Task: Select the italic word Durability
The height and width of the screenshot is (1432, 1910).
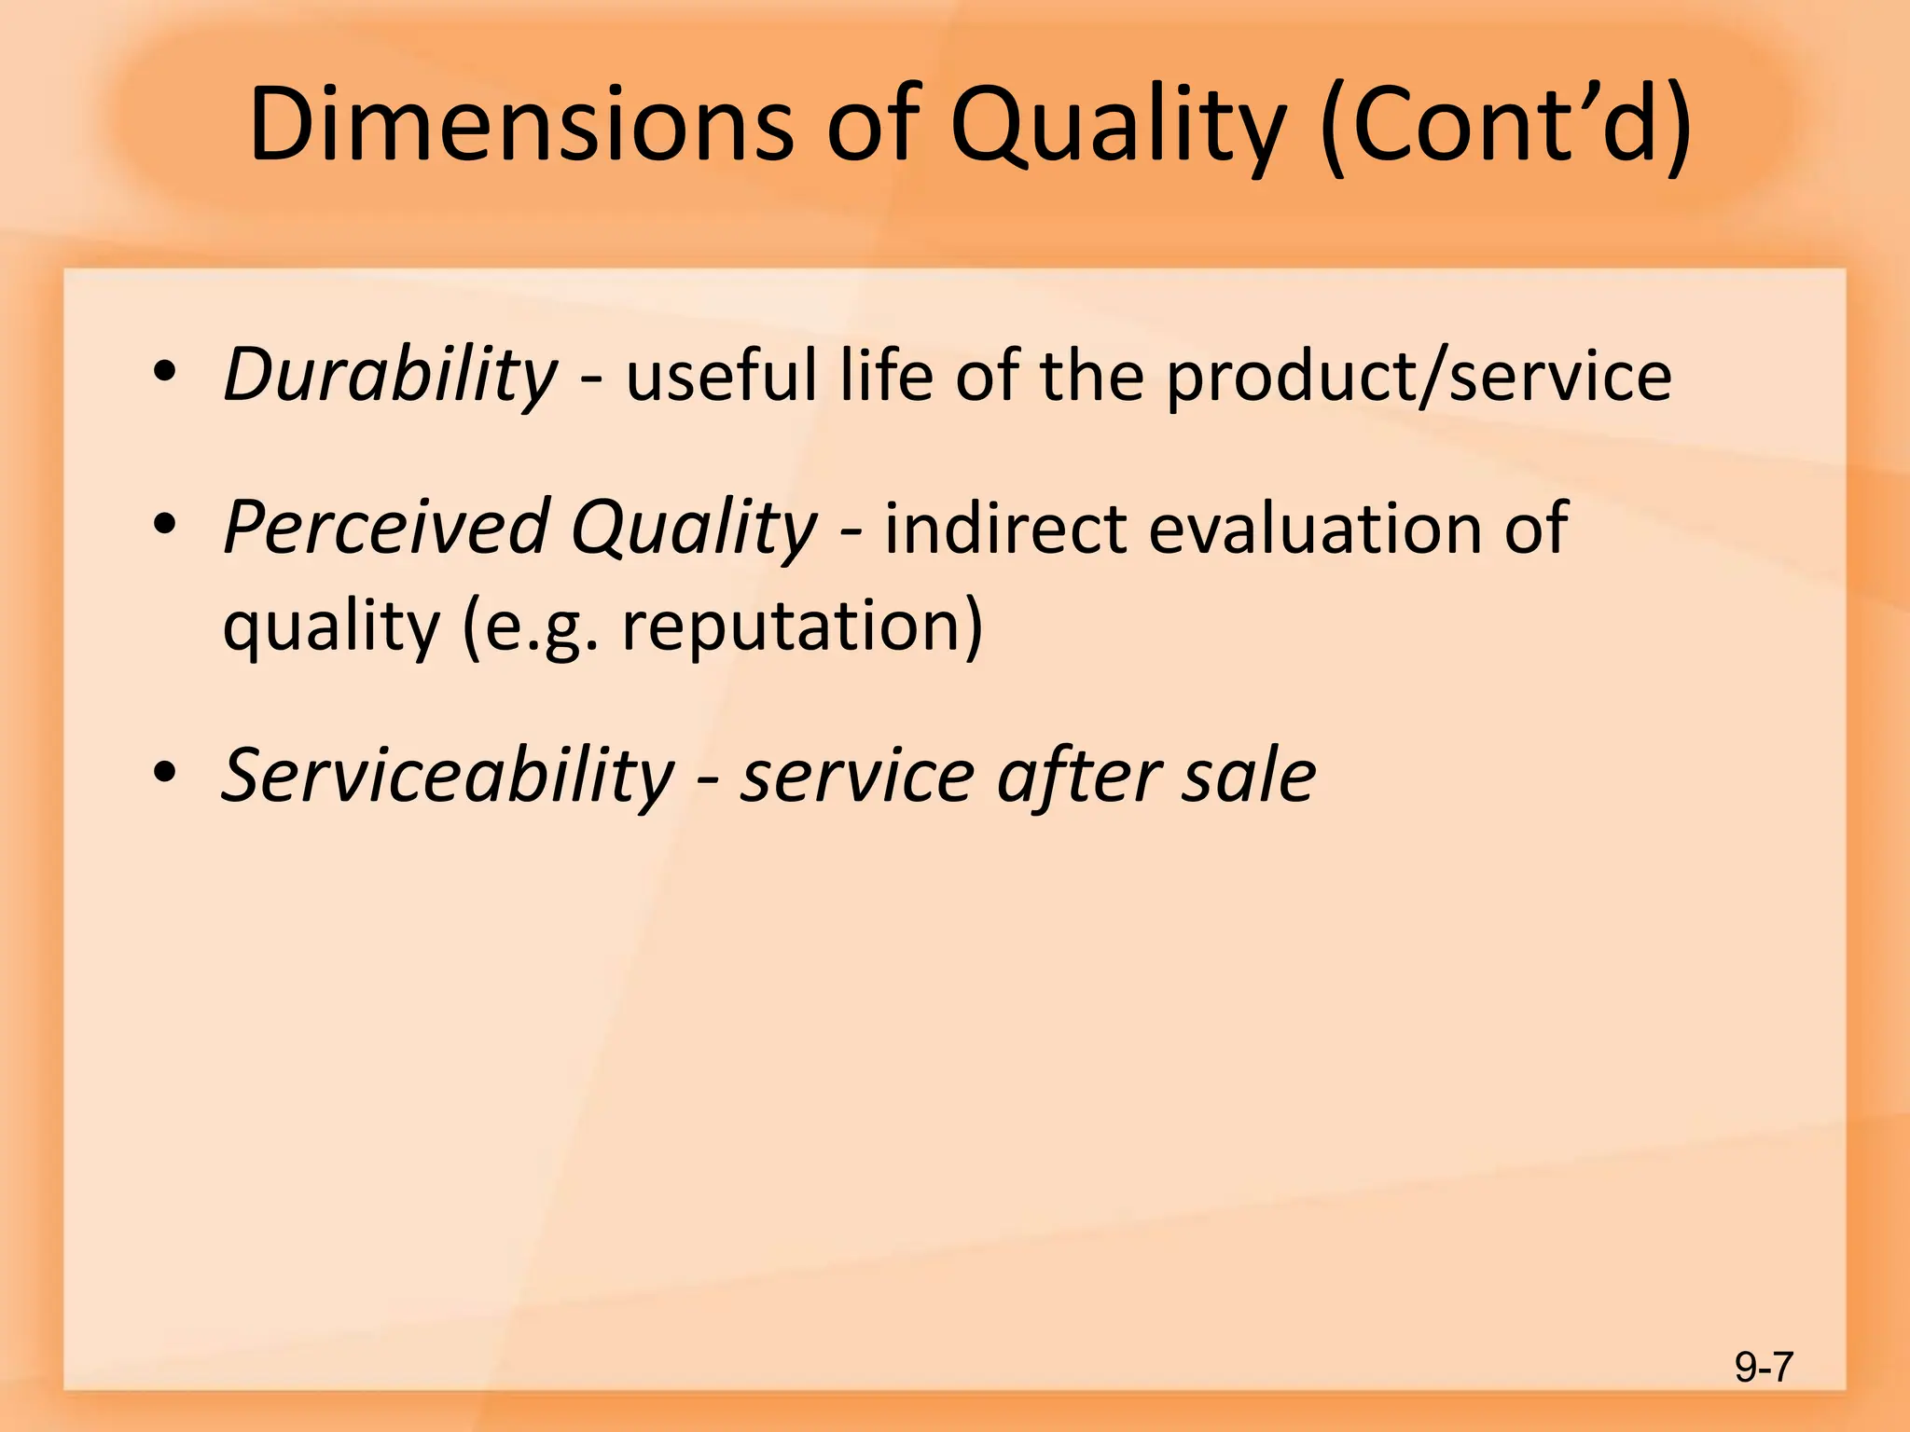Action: click(390, 375)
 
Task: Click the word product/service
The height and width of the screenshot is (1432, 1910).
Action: click(1419, 375)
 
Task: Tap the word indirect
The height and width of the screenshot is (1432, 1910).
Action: click(1004, 528)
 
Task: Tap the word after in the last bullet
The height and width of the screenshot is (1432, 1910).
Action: click(1078, 776)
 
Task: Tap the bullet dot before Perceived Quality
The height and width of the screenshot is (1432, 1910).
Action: click(165, 525)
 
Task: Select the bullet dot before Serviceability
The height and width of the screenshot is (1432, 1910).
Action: click(165, 773)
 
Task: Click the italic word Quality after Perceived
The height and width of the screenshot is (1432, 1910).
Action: click(694, 528)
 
